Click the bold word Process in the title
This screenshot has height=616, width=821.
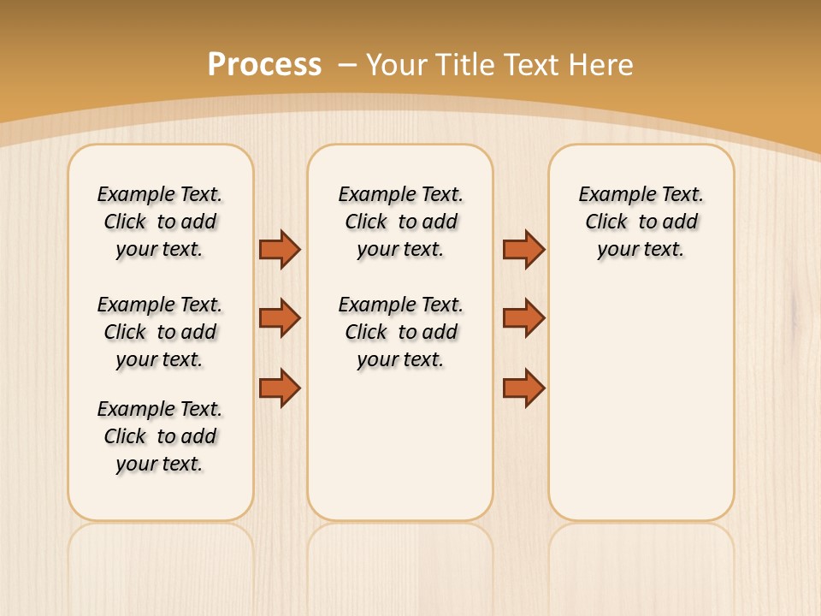coord(264,65)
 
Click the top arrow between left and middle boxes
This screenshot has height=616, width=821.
coord(280,249)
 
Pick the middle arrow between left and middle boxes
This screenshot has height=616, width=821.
coord(280,318)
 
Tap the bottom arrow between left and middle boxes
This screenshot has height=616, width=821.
coord(280,388)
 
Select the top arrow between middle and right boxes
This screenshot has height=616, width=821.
coord(523,249)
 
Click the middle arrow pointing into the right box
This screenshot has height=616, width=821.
coord(523,318)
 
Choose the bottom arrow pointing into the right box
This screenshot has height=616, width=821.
coord(523,388)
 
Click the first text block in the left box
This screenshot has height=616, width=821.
coord(160,222)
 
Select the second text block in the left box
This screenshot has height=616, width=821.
coord(160,332)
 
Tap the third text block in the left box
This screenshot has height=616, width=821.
coord(160,436)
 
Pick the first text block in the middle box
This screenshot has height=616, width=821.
coord(400,222)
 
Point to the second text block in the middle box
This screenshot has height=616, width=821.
coord(400,332)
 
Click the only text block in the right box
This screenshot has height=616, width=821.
coord(641,222)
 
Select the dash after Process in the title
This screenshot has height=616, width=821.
coord(347,65)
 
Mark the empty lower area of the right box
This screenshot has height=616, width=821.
coord(641,402)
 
